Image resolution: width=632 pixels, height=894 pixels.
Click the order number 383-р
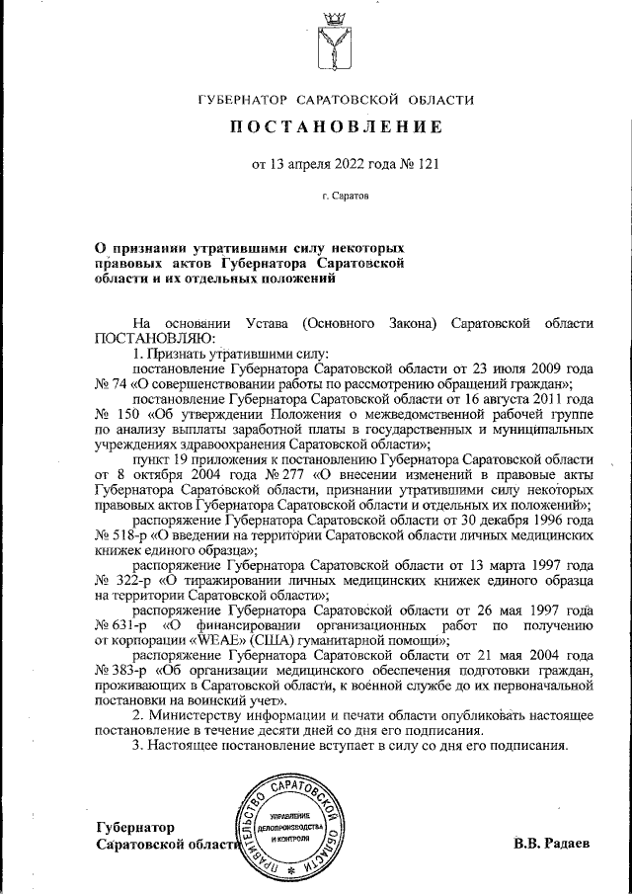tap(119, 672)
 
